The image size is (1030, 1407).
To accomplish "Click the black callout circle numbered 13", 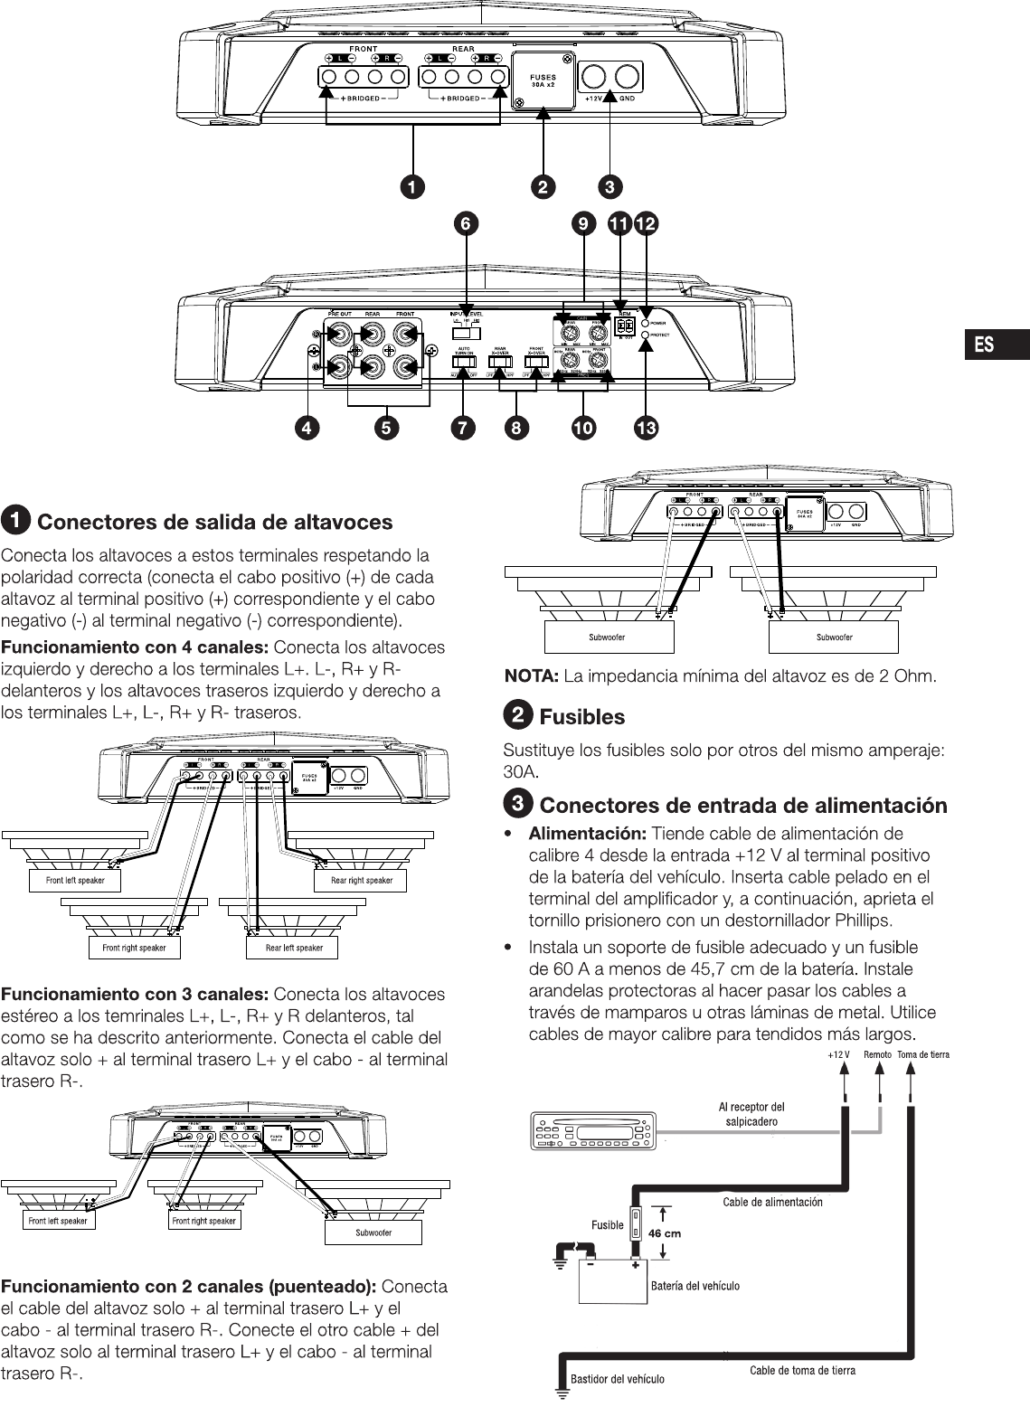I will coord(646,429).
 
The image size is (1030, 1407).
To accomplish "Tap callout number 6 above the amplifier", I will coord(465,222).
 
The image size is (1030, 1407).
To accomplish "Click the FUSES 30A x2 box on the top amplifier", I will coord(543,80).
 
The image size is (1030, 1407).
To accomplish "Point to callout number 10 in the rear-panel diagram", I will coord(583,429).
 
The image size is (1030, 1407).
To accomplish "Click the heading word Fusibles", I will coord(581,717).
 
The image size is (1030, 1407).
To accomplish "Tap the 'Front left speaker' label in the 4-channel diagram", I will coord(75,880).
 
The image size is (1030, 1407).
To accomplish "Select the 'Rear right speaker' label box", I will coord(361,880).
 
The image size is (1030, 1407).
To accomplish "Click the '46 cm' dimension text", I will coord(665,1232).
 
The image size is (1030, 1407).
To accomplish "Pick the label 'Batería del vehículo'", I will coord(695,1285).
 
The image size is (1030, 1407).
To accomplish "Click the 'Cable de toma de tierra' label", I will coord(801,1370).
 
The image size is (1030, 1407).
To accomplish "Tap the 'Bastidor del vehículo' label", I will coord(617,1379).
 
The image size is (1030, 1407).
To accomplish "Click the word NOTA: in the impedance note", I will coord(531,675).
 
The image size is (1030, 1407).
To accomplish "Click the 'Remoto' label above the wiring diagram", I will coord(877,1054).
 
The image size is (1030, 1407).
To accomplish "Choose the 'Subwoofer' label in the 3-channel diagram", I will coord(373,1232).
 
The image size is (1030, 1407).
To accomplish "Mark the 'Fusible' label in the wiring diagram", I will coord(607,1225).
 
